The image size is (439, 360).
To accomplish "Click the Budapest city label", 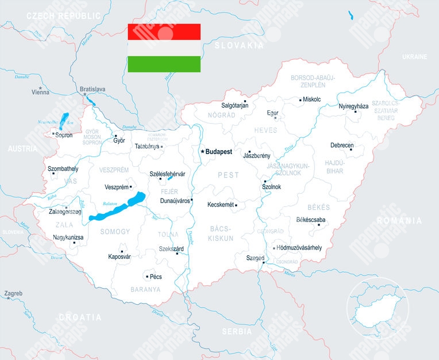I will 219,152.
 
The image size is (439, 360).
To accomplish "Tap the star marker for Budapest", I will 202,151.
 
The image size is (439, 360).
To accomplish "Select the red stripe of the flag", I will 164,32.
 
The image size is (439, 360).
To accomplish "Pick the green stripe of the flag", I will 164,64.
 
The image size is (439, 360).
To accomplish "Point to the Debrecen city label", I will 341,145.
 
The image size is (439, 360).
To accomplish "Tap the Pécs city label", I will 155,277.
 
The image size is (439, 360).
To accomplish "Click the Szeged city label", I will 255,258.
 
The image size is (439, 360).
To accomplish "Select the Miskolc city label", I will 311,99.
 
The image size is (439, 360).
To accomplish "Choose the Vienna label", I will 40,92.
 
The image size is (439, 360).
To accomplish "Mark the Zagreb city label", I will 13,294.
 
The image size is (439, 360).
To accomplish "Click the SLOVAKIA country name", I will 238,45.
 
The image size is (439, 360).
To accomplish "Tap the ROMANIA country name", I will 399,221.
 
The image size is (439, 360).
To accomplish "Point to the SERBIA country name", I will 237,332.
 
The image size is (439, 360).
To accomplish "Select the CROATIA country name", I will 80,317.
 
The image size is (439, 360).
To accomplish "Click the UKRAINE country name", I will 414,57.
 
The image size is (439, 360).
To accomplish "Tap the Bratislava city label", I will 93,89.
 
